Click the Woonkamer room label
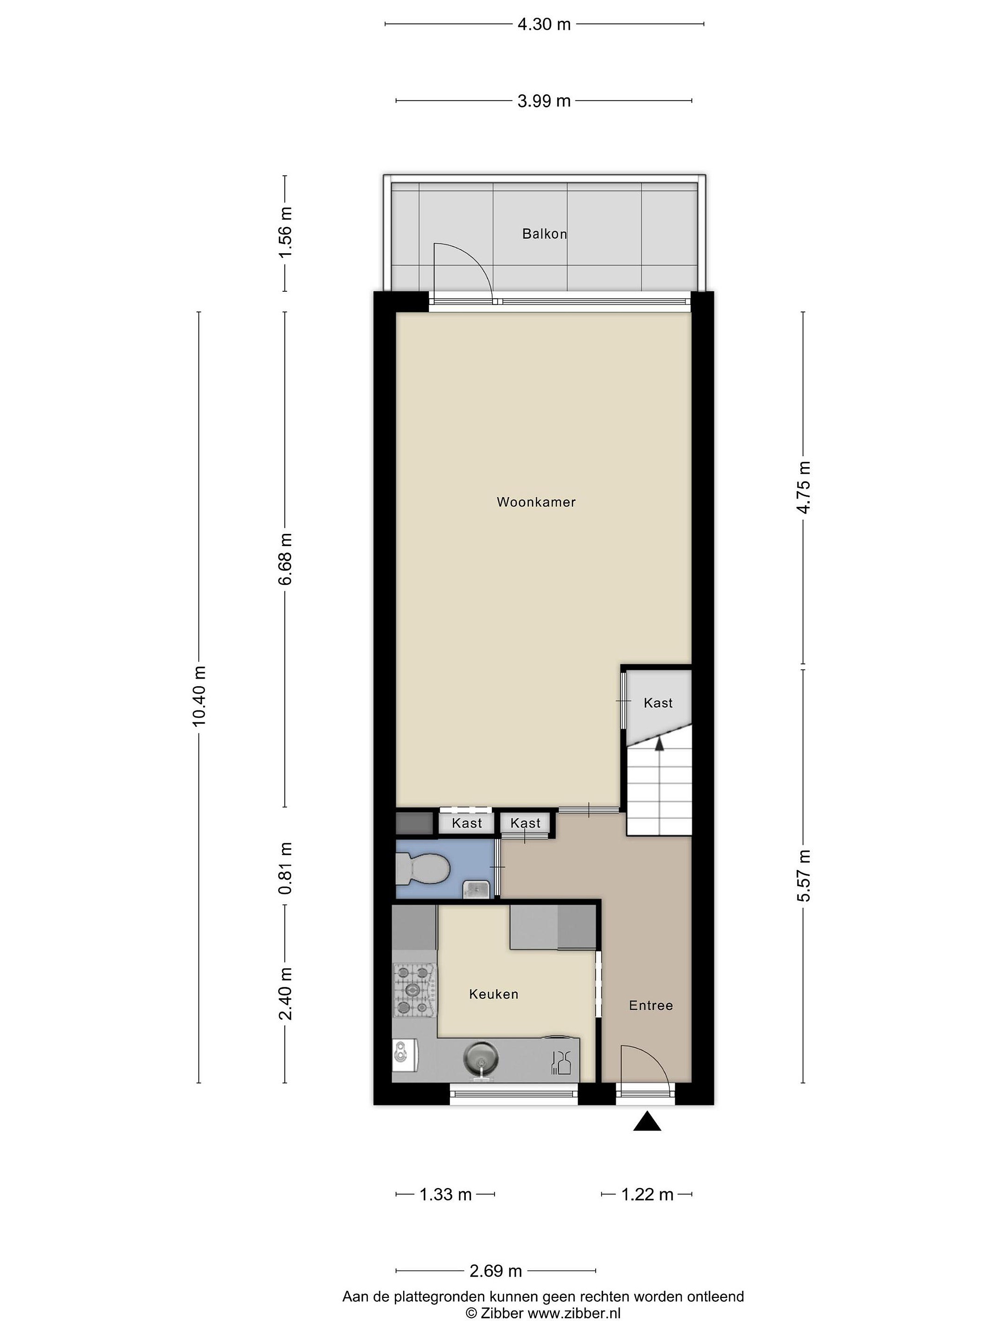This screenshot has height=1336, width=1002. pos(536,502)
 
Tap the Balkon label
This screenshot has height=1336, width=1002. pos(544,234)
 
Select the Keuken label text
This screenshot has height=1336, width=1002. pos(494,994)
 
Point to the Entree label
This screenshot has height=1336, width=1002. pos(650,1006)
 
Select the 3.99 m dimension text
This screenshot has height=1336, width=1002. pos(544,101)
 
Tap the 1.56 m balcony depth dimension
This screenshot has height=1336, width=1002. pos(285,232)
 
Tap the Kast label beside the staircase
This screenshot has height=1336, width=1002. pos(658,703)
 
